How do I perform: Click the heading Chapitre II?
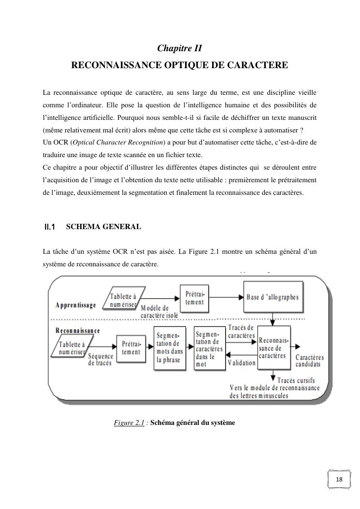coord(179,48)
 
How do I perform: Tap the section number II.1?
coord(50,227)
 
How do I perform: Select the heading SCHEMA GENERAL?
coord(103,227)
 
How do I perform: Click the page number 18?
coord(339,480)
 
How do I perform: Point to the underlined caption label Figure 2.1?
coord(130,423)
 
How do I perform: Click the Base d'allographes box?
coord(273,297)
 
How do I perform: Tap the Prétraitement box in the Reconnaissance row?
coord(131,348)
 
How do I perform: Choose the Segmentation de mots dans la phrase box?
coord(170,349)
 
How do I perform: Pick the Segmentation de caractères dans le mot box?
coord(209,349)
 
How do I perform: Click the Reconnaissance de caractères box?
coord(274,349)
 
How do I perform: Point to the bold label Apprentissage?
coord(76,305)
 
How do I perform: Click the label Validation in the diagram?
coord(241,363)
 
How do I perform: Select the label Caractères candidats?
coord(310,361)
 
